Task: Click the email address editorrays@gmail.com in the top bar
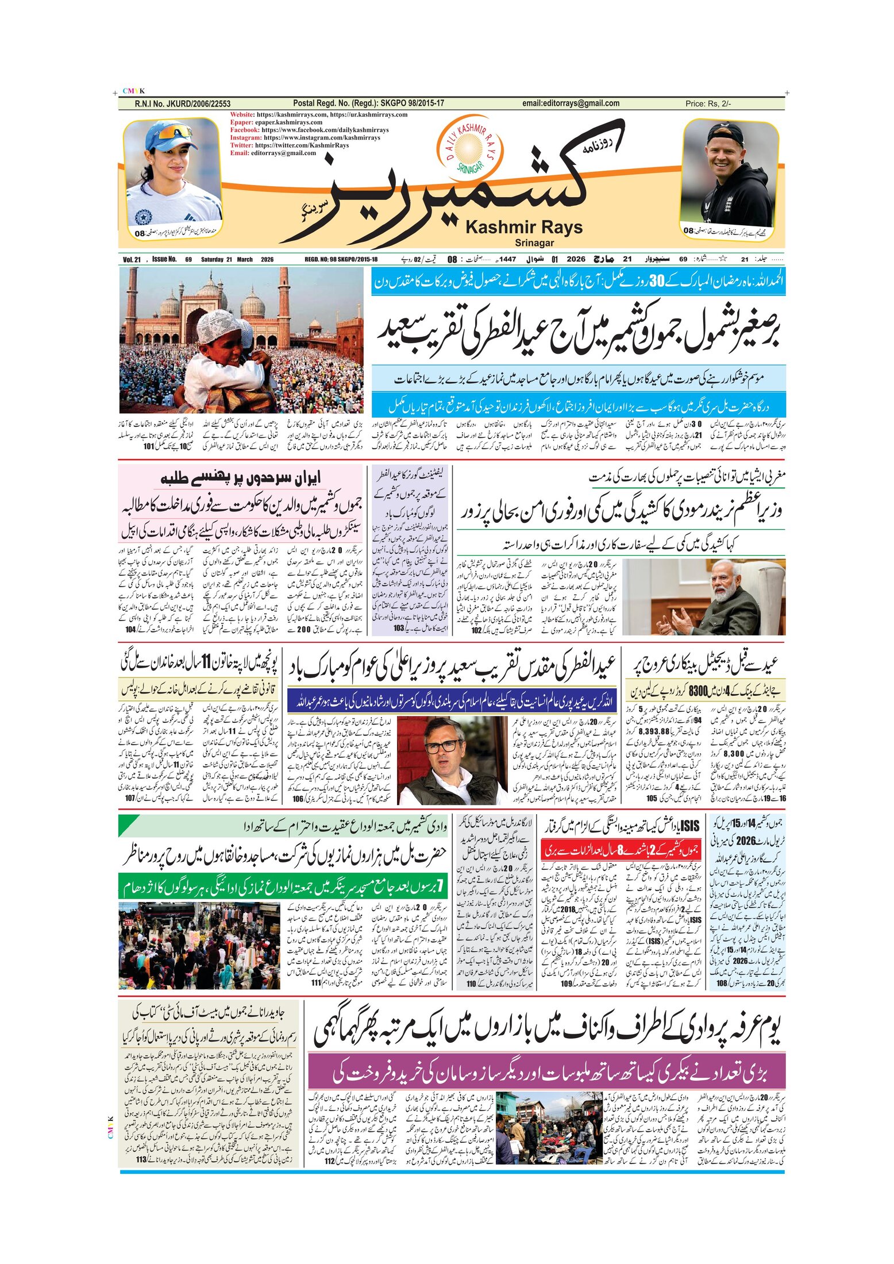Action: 571,103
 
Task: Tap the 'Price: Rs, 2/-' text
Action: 708,104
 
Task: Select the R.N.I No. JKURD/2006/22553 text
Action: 183,104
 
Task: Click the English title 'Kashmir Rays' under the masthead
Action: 523,228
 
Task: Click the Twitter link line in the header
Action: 290,145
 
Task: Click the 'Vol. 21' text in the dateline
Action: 132,260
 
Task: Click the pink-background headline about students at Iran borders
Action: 241,478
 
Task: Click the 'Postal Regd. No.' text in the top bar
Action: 368,103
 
